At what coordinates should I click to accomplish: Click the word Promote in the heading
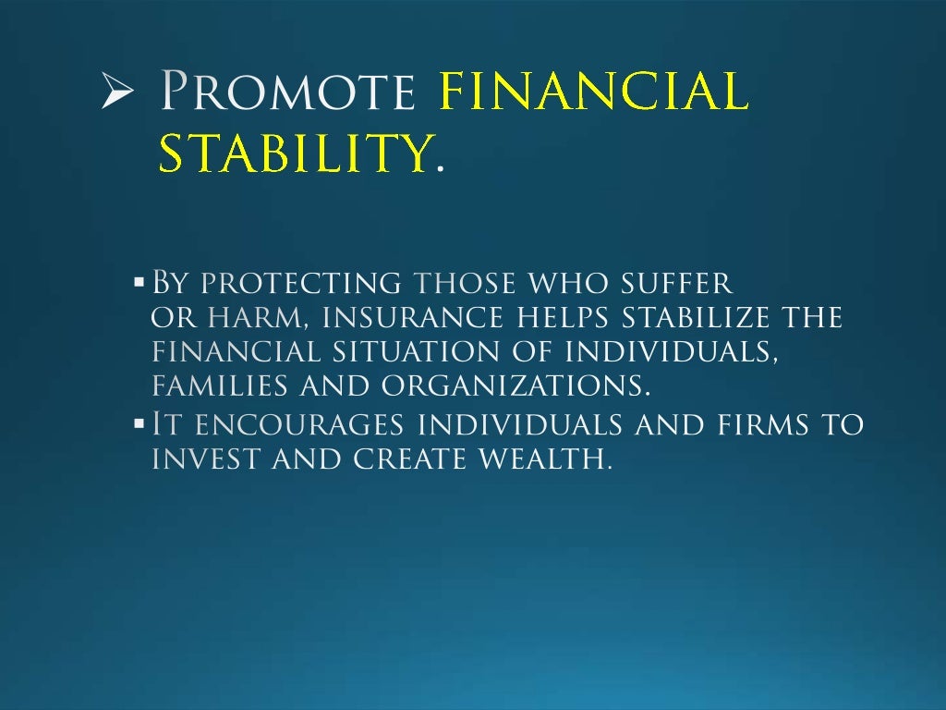pyautogui.click(x=287, y=93)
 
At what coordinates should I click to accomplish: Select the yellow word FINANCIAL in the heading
pyautogui.click(x=593, y=93)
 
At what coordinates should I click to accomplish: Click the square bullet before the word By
pyautogui.click(x=139, y=280)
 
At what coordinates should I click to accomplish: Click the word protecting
pyautogui.click(x=301, y=281)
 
